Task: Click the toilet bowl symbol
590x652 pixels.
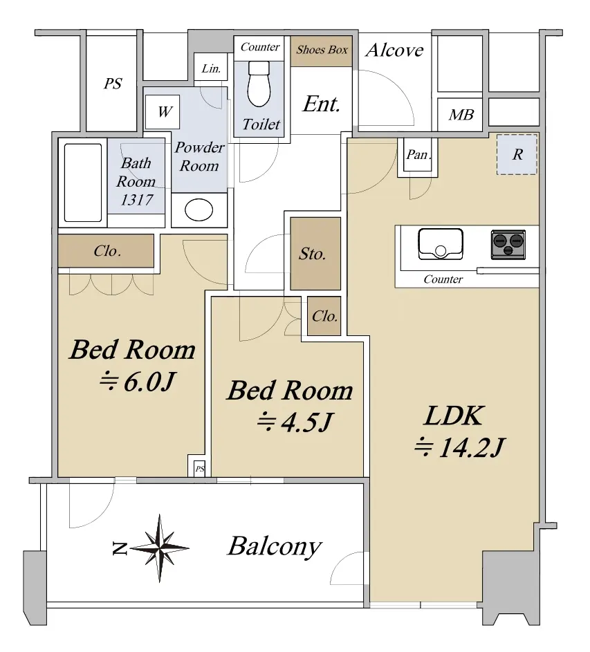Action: [x=259, y=84]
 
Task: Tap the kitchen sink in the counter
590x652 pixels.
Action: [x=441, y=243]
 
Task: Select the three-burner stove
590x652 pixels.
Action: [x=508, y=245]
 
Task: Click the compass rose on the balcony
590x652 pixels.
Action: [x=160, y=548]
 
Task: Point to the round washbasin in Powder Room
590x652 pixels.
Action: [x=199, y=209]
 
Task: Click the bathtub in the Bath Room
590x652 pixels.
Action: [x=83, y=183]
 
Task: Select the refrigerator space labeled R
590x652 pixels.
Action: [x=517, y=154]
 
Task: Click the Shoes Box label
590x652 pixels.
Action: [x=322, y=50]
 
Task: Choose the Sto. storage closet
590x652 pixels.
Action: [x=315, y=254]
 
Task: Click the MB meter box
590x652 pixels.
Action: [x=461, y=114]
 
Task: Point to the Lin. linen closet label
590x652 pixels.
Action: [x=211, y=68]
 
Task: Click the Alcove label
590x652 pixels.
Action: [x=394, y=50]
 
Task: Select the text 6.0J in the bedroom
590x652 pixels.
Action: [x=149, y=382]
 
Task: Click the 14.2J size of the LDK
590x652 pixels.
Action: [x=472, y=448]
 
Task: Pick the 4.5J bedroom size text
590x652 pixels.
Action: [x=307, y=422]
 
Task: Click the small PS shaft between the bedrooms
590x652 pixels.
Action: [x=200, y=469]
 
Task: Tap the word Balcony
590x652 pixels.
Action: [x=275, y=546]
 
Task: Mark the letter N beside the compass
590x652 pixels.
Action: [x=120, y=549]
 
